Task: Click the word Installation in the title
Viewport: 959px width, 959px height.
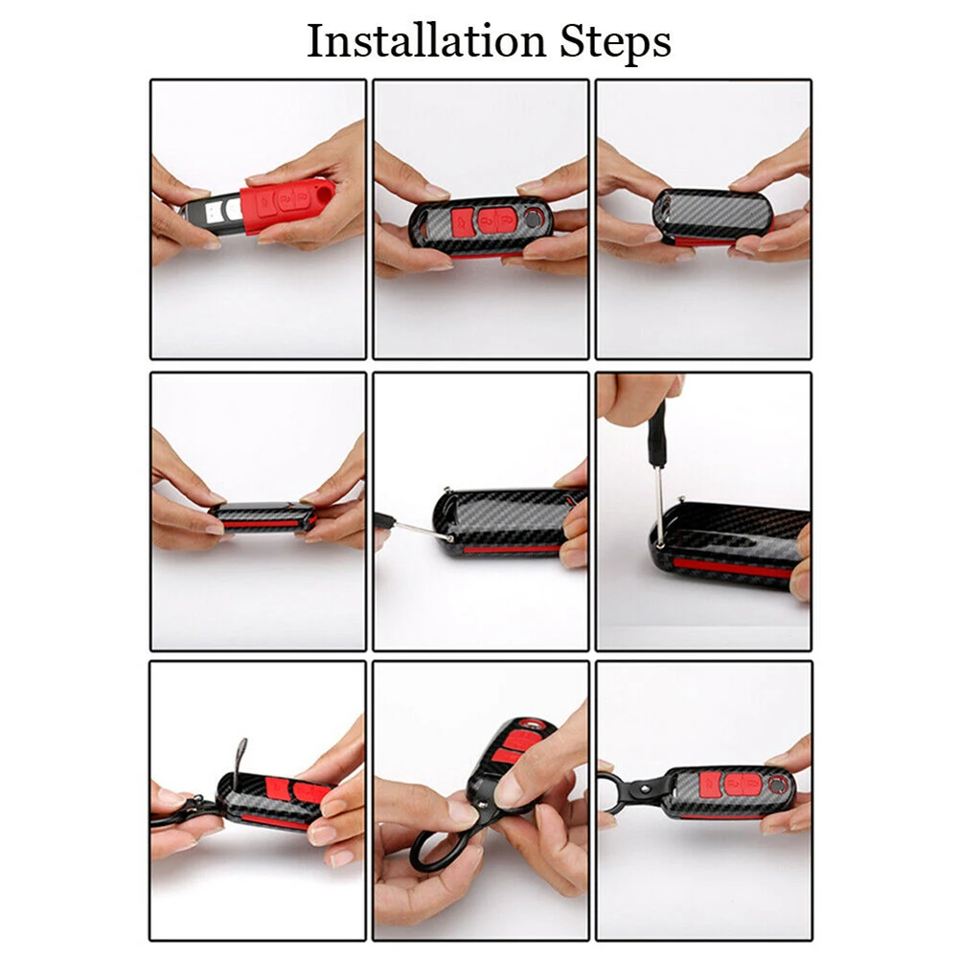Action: click(425, 41)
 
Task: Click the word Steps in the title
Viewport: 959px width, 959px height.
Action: click(615, 43)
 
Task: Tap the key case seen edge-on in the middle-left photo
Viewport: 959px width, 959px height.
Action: click(263, 517)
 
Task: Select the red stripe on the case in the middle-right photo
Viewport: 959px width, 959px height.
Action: click(731, 567)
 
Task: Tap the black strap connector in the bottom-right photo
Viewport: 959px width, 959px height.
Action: click(649, 789)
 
